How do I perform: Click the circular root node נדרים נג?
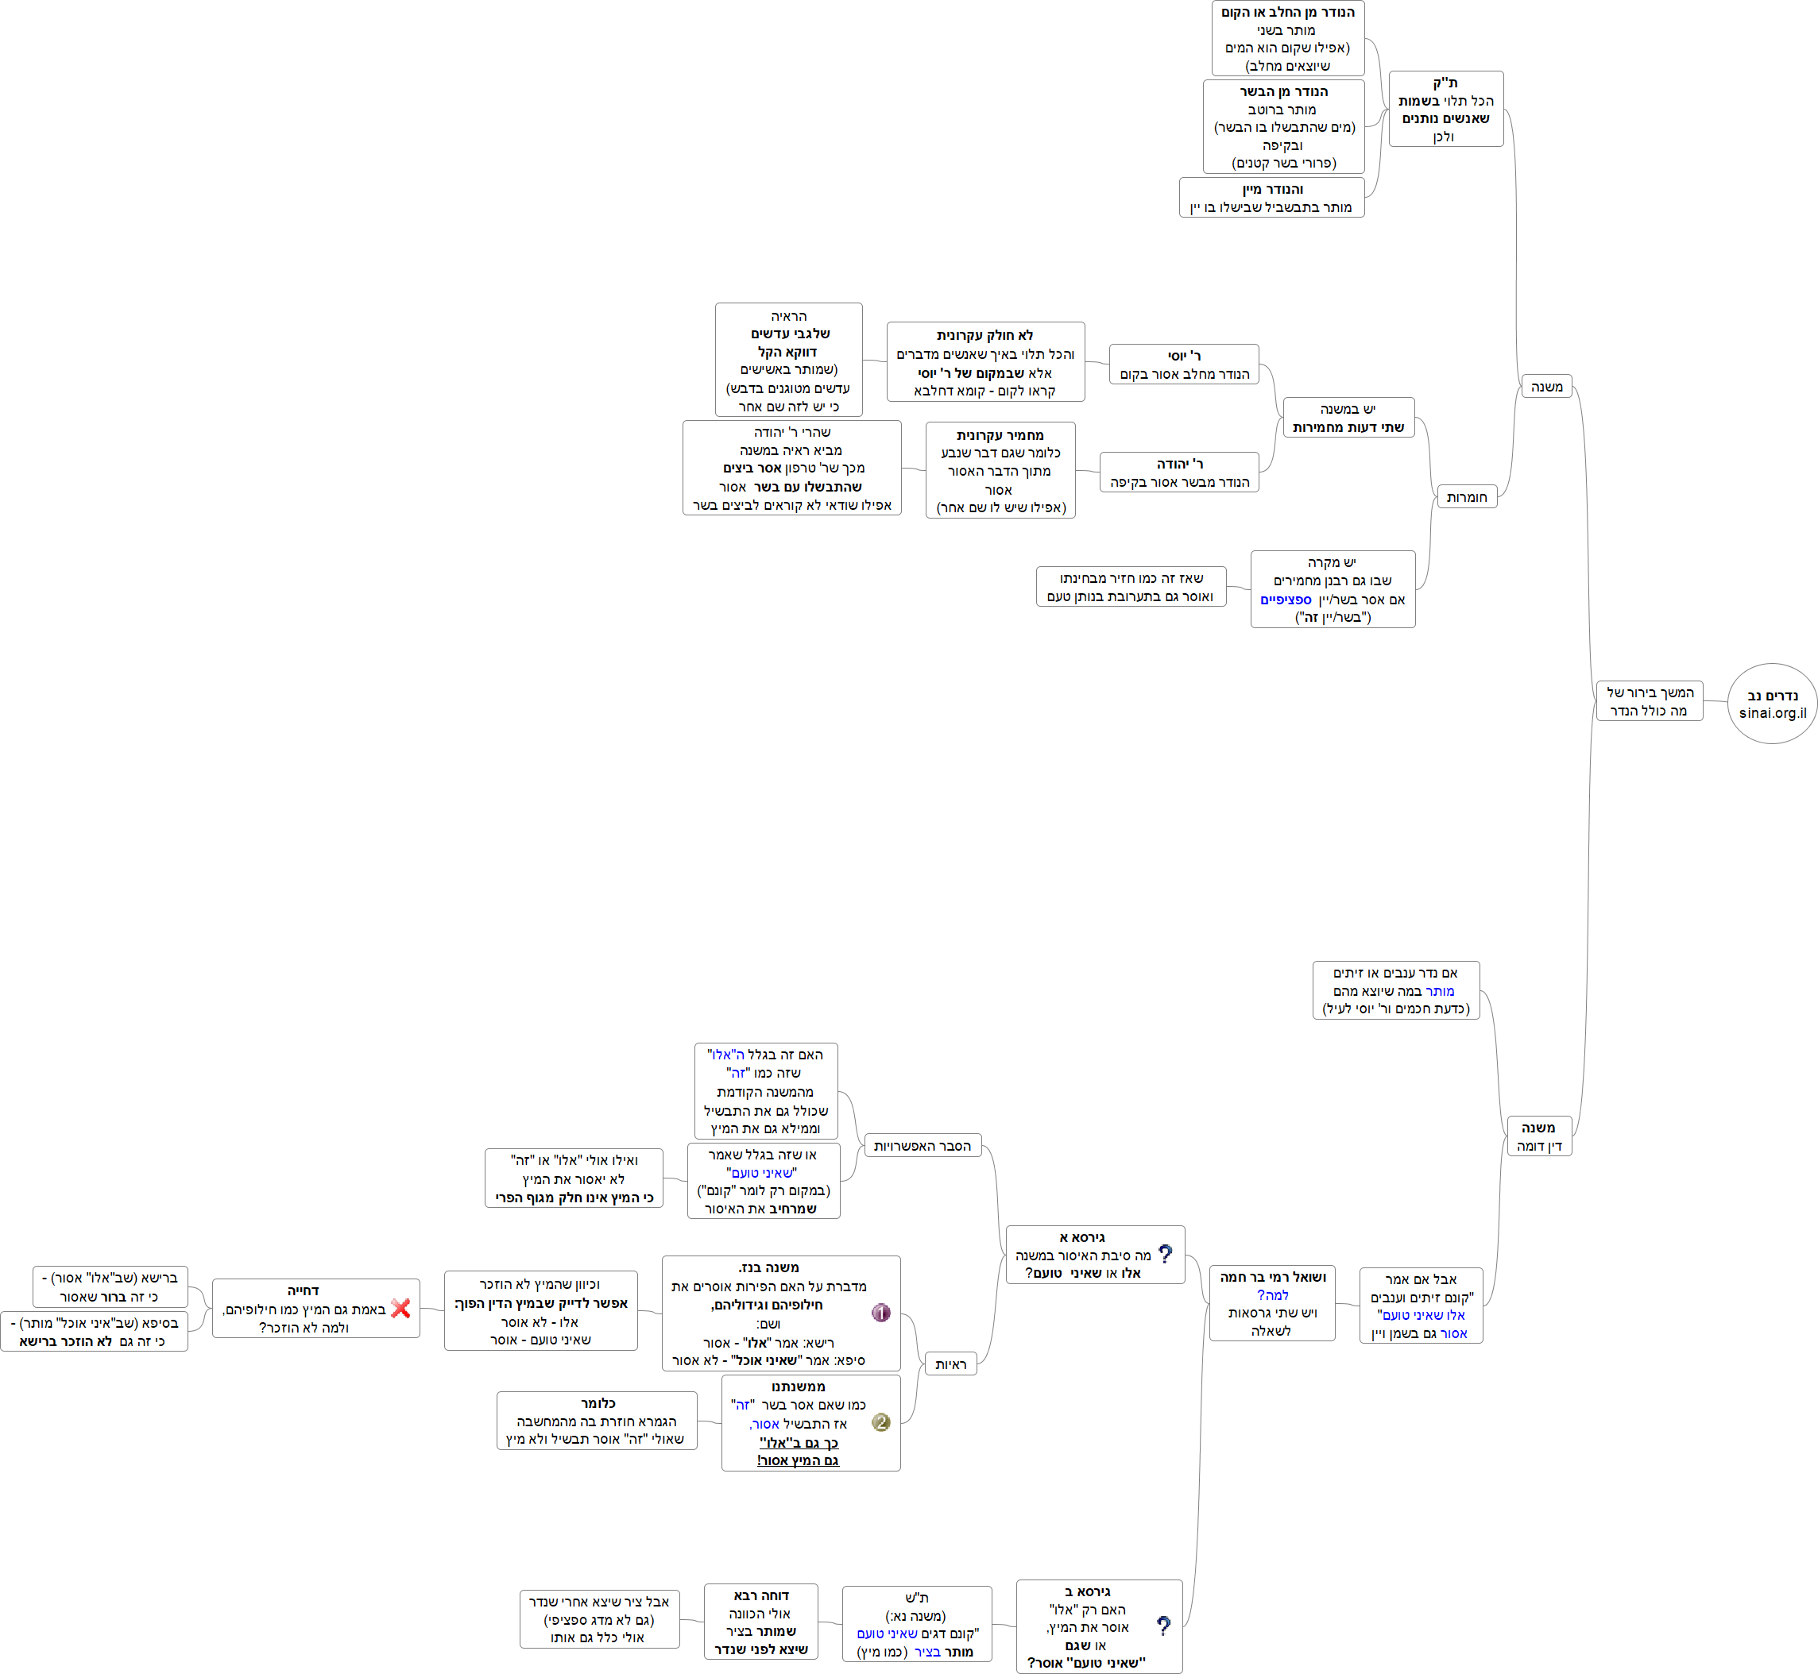(1772, 704)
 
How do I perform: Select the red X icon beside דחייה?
(400, 1308)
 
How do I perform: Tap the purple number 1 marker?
(880, 1313)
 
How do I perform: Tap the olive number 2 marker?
(880, 1422)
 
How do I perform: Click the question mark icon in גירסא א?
(1166, 1254)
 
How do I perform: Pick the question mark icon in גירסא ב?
(1164, 1626)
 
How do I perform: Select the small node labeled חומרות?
(1466, 496)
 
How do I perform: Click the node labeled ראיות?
(950, 1364)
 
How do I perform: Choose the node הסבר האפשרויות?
(922, 1146)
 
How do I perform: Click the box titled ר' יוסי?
(1184, 364)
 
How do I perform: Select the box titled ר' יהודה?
(1179, 472)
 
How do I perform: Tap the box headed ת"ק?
(1445, 109)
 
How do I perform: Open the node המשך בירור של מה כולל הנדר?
(1650, 701)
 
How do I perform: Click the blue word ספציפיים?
(1285, 600)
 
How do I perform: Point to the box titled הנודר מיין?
(1271, 198)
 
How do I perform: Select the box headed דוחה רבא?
(760, 1622)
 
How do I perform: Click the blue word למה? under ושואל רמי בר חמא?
(1272, 1295)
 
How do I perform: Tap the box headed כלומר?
(597, 1421)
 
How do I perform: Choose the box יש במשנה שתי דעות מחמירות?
(1348, 418)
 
